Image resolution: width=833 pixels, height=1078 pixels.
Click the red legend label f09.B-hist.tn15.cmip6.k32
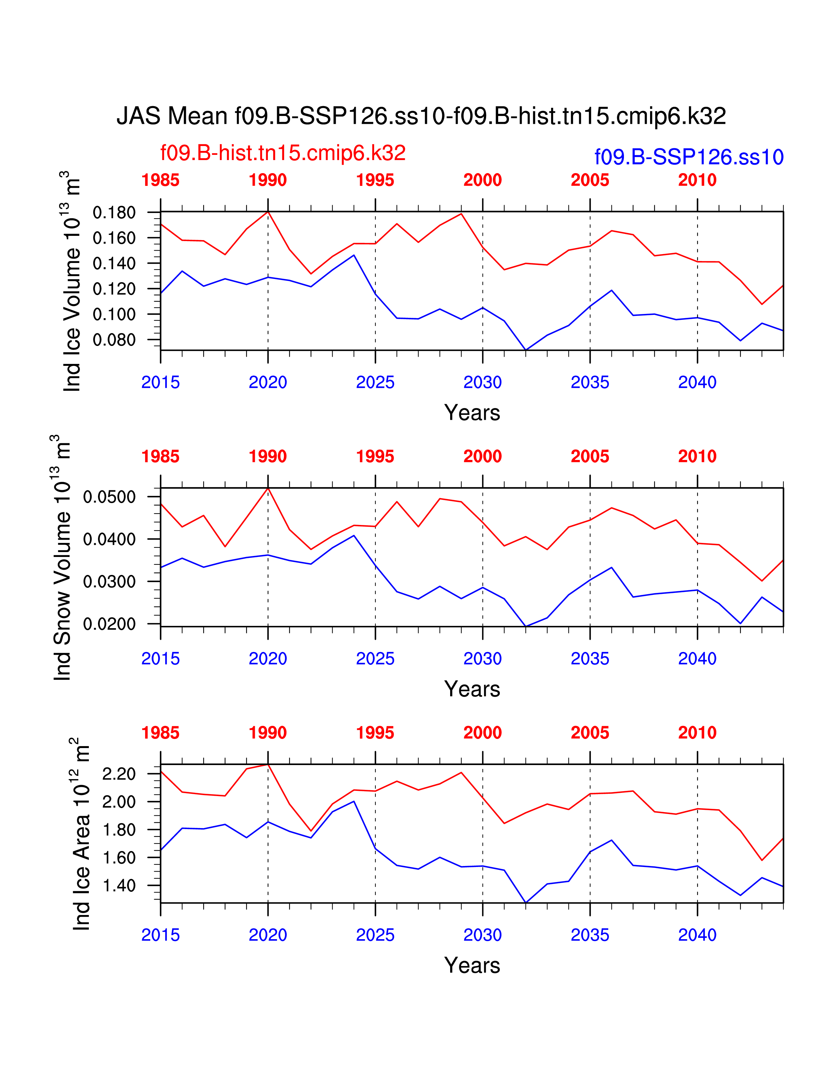pos(283,153)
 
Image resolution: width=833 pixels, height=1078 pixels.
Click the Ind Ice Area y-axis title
pos(81,834)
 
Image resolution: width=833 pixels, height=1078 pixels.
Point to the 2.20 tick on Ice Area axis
pos(119,774)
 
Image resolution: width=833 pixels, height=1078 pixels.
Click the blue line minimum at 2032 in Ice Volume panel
pos(526,350)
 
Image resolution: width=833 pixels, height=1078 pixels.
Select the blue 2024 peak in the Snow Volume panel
pos(354,535)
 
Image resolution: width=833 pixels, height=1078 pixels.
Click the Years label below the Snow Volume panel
pos(472,689)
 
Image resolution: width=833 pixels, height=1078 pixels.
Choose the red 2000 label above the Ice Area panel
pos(482,732)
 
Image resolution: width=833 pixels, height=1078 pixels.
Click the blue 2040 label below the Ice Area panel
pos(697,935)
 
